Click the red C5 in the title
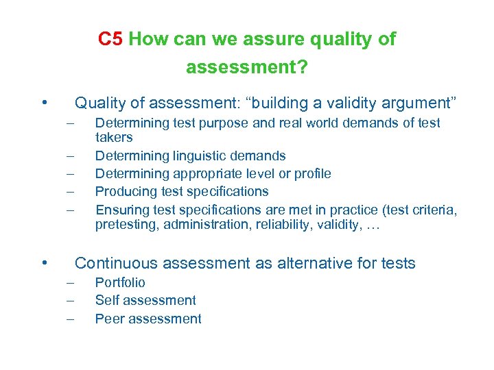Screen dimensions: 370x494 pyautogui.click(x=110, y=39)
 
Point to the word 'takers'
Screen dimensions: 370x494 pyautogui.click(x=113, y=137)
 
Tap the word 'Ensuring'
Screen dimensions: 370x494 pyautogui.click(x=121, y=209)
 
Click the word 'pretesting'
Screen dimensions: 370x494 pyautogui.click(x=126, y=223)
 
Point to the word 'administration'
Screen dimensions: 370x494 pyautogui.click(x=206, y=223)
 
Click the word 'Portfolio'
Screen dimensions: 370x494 pyautogui.click(x=120, y=282)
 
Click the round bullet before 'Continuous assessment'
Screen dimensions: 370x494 pyautogui.click(x=44, y=262)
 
